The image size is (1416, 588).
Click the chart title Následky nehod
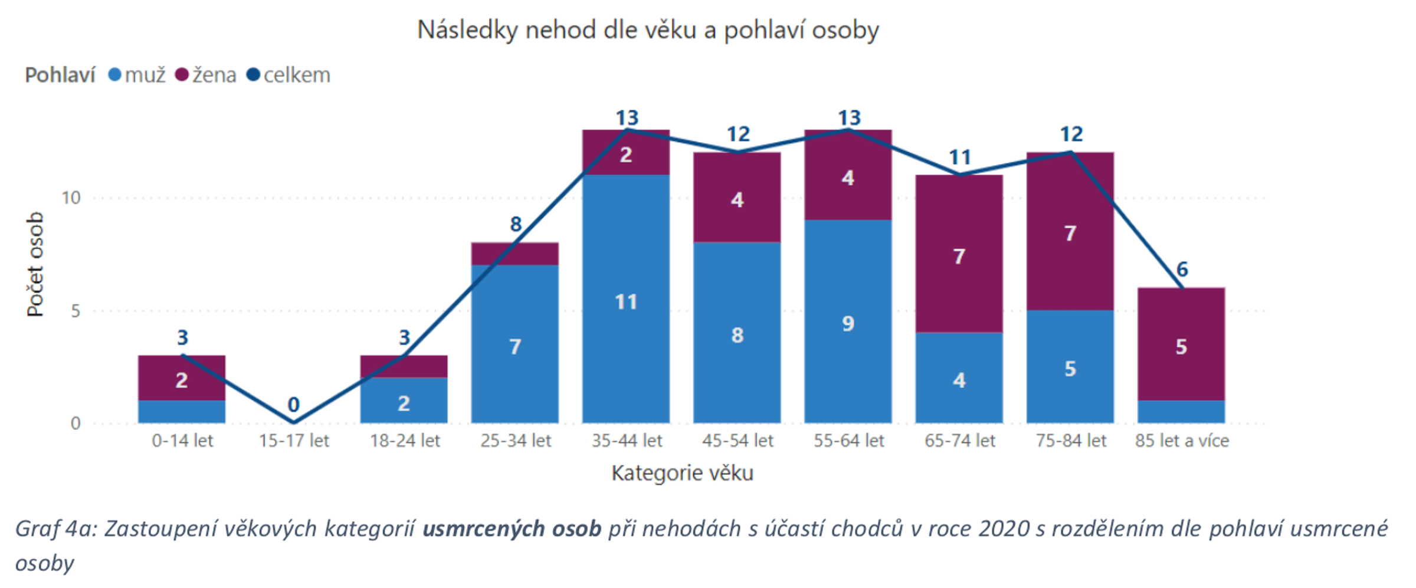click(648, 29)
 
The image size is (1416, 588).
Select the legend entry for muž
click(138, 75)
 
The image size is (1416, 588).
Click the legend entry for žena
click(206, 75)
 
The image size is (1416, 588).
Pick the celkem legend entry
click(289, 75)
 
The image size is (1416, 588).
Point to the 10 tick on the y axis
click(71, 198)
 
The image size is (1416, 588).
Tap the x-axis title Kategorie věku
click(682, 473)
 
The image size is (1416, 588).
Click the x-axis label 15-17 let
click(293, 441)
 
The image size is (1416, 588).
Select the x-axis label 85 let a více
click(1182, 441)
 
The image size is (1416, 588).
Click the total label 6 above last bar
click(1182, 270)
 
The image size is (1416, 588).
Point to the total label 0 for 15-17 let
click(293, 405)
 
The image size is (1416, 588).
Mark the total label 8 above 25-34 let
click(516, 224)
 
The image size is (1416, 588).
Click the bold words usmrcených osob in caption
click(512, 528)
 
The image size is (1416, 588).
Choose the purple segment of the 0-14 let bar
click(182, 378)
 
